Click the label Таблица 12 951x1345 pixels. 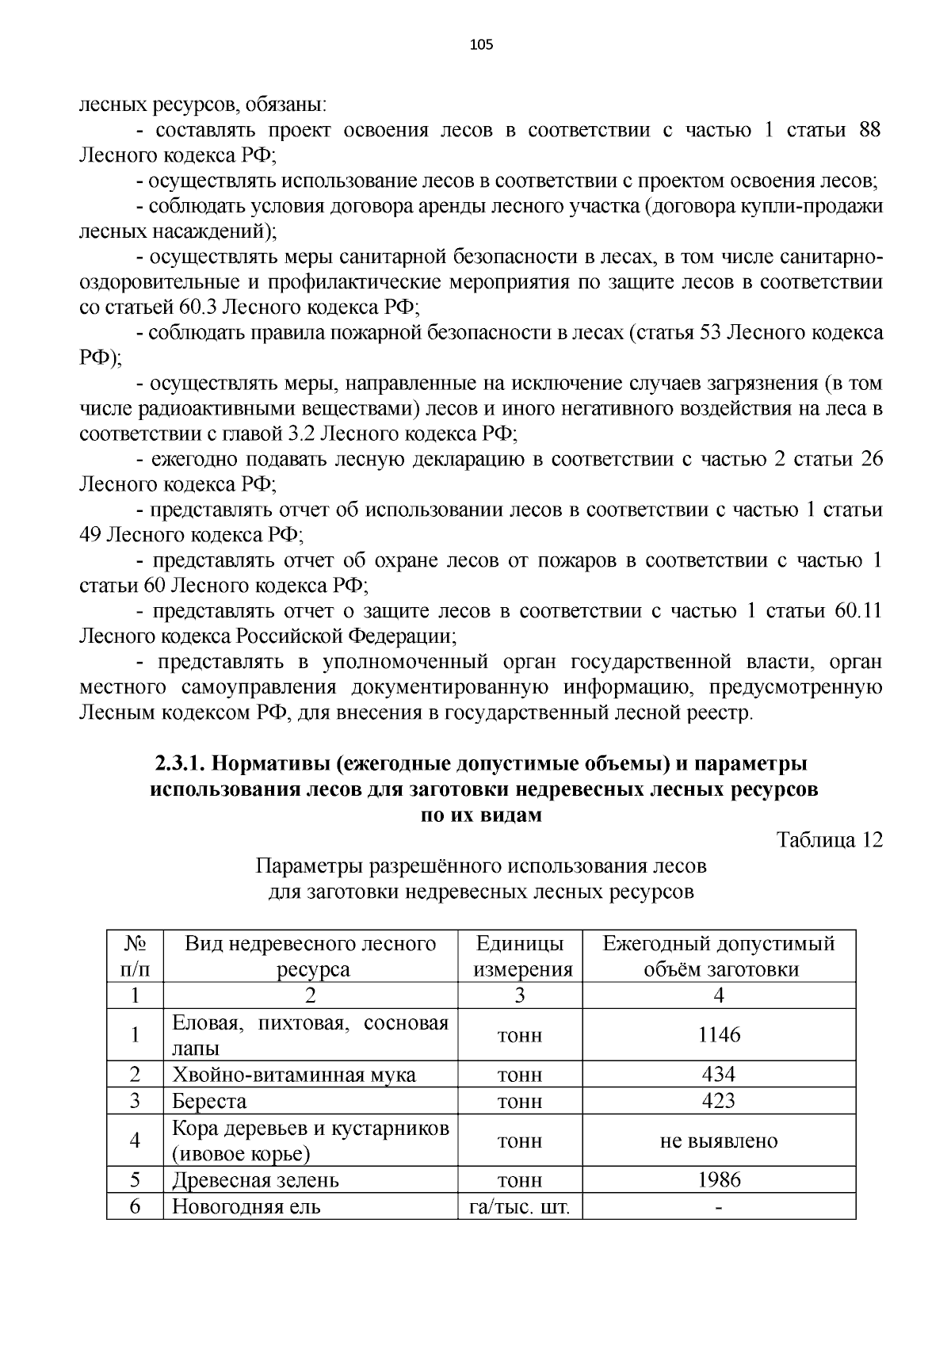point(830,840)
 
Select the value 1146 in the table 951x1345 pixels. point(719,1034)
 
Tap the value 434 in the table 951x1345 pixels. point(719,1074)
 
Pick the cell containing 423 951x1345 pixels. point(719,1100)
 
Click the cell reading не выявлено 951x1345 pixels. point(719,1141)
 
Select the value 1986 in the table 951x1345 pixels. point(719,1179)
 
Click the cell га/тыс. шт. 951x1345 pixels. point(520,1206)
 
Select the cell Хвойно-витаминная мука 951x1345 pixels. point(294,1075)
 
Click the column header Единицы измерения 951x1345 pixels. point(520,957)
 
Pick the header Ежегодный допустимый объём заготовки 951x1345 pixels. point(719,957)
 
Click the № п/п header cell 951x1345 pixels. point(135,957)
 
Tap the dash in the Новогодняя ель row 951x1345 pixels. point(719,1206)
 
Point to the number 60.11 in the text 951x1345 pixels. point(858,611)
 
